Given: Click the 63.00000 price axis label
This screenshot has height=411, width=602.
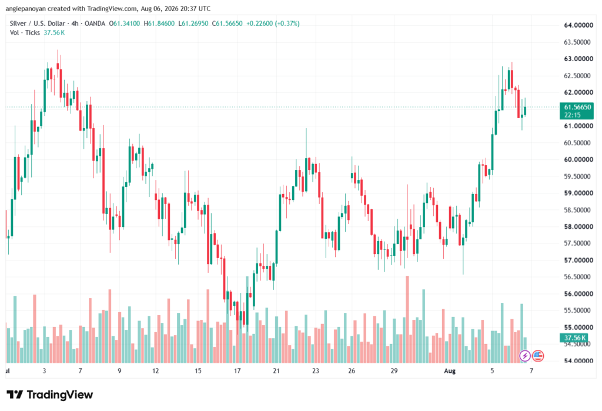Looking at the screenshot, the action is click(578, 59).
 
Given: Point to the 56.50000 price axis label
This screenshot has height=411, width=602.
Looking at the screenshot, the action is click(577, 277).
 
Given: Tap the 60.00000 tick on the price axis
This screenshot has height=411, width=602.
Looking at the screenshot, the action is click(578, 159).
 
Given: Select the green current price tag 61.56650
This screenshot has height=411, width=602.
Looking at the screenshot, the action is click(576, 111).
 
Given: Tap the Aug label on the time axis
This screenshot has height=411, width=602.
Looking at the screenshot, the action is click(450, 370).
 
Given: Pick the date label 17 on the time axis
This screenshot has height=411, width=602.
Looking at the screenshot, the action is click(238, 370).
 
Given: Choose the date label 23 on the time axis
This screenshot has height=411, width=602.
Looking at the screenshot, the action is click(316, 370).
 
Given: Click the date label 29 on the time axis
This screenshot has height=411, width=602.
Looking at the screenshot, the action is click(394, 370).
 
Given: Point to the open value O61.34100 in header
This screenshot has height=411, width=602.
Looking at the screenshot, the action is click(125, 24).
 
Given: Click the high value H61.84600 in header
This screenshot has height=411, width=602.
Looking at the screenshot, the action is click(159, 24).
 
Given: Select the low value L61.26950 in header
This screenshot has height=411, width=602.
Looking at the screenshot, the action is click(193, 24).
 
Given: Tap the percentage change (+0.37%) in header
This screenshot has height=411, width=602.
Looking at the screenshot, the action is click(287, 24).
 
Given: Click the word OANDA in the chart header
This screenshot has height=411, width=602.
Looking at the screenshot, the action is click(95, 24).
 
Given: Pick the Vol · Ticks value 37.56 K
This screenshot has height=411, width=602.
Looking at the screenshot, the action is click(54, 33).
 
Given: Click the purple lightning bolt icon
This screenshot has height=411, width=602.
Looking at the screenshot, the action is click(525, 356).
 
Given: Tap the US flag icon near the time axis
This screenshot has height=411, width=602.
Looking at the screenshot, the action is click(538, 356).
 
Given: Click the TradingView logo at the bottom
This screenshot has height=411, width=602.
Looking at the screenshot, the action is click(49, 395).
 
